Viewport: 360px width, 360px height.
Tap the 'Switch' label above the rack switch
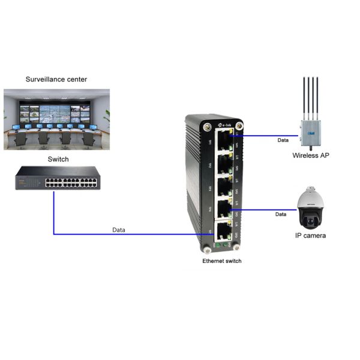[58, 160]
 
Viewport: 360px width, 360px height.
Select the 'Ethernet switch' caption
[221, 261]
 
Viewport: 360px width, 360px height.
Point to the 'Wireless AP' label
[310, 155]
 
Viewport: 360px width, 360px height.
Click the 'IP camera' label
[311, 236]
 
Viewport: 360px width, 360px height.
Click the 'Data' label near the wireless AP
[283, 140]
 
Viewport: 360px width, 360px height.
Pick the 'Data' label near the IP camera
[281, 214]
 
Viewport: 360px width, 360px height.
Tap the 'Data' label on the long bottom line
[119, 230]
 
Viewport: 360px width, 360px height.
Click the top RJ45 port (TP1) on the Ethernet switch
[223, 142]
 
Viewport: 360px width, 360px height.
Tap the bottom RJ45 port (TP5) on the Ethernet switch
[223, 231]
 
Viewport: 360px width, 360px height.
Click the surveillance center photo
[56, 119]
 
